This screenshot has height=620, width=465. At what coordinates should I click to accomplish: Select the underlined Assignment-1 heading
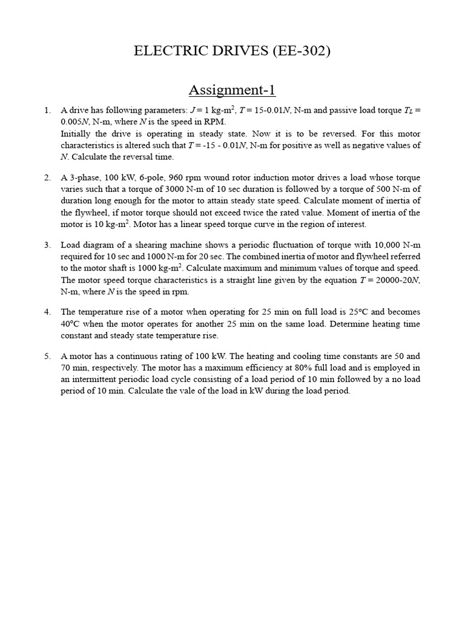(232, 90)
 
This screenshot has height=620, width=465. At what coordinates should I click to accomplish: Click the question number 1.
(47, 110)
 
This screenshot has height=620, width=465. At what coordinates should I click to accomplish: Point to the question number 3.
(47, 245)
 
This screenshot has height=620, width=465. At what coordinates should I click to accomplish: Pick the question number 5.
(47, 356)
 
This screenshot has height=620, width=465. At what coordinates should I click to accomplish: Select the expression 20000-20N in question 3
(397, 279)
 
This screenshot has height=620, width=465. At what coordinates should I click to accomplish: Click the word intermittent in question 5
(94, 379)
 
